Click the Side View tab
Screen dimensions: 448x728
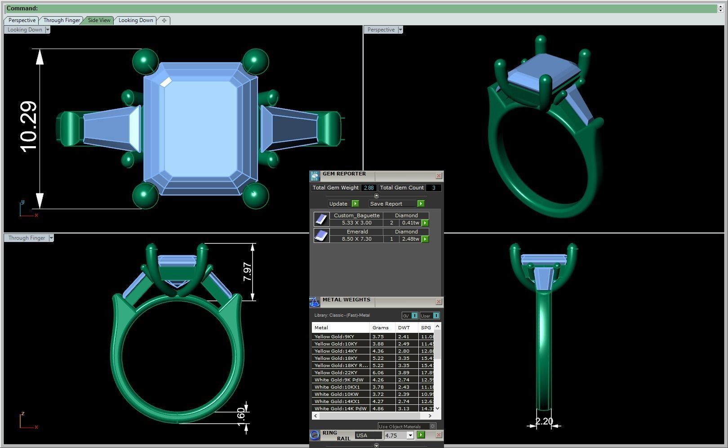tap(99, 20)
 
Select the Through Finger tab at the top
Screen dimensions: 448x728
tap(62, 20)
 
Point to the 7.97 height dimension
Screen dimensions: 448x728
tap(247, 272)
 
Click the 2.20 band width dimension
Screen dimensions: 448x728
tap(544, 421)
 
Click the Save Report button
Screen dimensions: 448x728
tap(386, 204)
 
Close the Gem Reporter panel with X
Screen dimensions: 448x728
tap(439, 176)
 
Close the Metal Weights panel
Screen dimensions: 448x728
tap(439, 302)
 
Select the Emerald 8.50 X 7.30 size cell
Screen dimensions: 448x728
tap(356, 239)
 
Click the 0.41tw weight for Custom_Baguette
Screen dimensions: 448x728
tap(410, 223)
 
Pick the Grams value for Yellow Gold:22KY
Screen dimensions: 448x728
tap(378, 372)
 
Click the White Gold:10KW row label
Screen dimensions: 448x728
tap(336, 394)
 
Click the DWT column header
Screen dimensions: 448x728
tap(404, 327)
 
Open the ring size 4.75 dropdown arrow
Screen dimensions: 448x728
tap(410, 435)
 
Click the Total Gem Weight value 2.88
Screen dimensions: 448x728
tap(368, 188)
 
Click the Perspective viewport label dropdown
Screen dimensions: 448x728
tap(400, 30)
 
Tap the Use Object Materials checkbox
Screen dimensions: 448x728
tap(432, 426)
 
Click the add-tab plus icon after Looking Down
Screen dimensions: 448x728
tap(164, 20)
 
